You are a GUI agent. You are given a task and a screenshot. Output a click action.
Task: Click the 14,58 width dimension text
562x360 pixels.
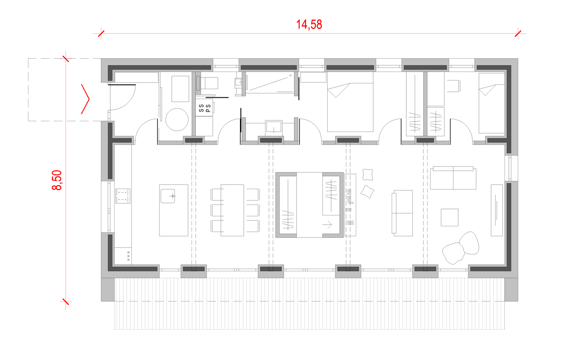(x=309, y=25)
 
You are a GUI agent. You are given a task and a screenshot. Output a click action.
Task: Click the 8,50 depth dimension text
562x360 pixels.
(x=57, y=180)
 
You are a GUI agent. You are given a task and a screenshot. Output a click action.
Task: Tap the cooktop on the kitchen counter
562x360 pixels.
(x=123, y=196)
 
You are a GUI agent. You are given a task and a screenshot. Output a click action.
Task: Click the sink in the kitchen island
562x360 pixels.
(x=168, y=196)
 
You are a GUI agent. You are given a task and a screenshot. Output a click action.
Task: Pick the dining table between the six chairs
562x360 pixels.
(x=232, y=210)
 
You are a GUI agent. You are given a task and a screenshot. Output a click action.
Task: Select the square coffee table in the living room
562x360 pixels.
(x=449, y=217)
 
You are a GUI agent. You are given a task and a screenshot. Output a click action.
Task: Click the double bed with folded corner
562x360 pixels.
(x=350, y=102)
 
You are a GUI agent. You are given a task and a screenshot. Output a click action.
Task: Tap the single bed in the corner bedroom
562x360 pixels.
(x=492, y=103)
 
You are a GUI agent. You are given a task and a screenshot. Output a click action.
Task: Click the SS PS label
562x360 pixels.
(x=204, y=108)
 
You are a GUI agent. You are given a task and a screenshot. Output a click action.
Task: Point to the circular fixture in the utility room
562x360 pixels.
(x=177, y=119)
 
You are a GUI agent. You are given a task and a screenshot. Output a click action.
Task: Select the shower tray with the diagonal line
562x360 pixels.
(x=270, y=83)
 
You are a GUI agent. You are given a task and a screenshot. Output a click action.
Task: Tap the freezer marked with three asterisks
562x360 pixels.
(x=123, y=256)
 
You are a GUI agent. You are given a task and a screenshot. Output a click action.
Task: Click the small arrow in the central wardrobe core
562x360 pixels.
(x=327, y=225)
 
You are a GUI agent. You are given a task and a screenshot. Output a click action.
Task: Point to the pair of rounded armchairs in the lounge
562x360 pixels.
(x=461, y=247)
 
